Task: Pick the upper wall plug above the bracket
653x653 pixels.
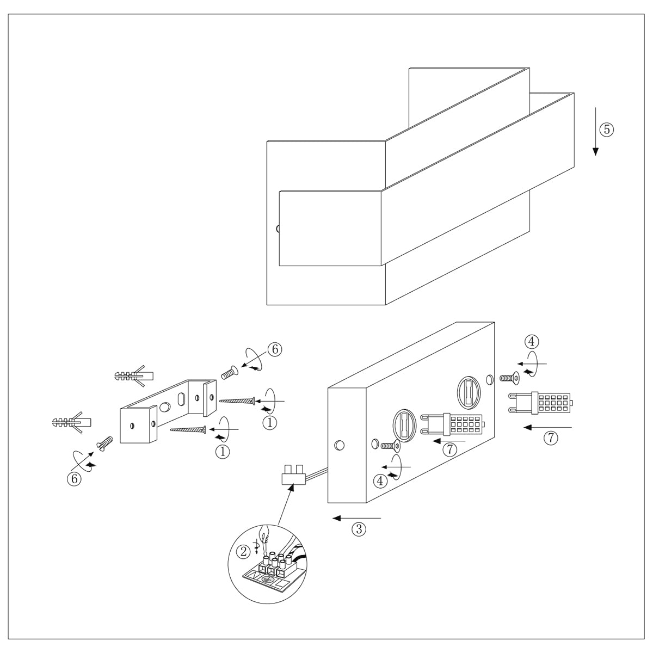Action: (x=134, y=375)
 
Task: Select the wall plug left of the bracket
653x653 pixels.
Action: (x=71, y=422)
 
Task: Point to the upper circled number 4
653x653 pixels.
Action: (x=532, y=342)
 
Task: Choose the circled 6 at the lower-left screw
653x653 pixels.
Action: (x=73, y=478)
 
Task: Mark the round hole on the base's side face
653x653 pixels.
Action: (x=339, y=445)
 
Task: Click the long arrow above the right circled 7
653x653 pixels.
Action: (x=547, y=428)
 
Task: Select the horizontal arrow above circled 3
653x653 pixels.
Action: (x=357, y=518)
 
